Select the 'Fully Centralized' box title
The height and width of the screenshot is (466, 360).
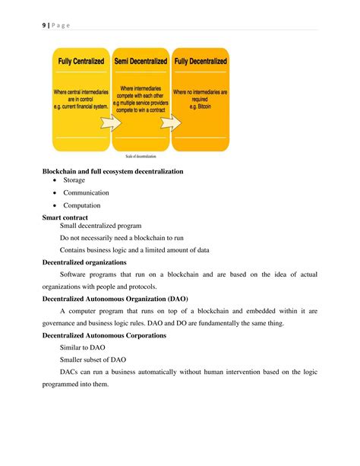tap(81, 61)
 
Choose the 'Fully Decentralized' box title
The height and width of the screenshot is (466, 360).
tap(201, 61)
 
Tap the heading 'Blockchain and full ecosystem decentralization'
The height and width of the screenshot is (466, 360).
tap(112, 171)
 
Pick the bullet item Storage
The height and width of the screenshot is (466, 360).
tap(74, 181)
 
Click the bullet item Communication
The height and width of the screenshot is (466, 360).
tap(86, 193)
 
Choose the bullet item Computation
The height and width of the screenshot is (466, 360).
tap(82, 205)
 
